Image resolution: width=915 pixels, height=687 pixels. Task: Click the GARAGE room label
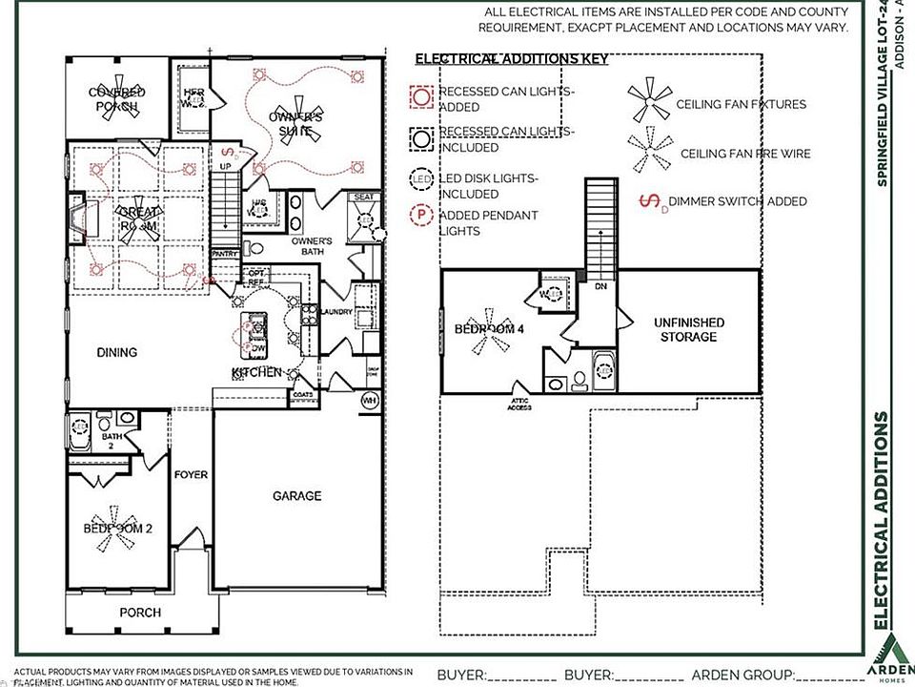(296, 496)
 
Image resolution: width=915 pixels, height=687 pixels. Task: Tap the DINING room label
(117, 352)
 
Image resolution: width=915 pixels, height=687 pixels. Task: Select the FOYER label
(191, 474)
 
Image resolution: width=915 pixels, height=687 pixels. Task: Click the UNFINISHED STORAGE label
(689, 330)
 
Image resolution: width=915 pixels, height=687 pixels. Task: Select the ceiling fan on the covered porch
(118, 97)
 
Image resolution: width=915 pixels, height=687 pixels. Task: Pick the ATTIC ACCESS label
(518, 405)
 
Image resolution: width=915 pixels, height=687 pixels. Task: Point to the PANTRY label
(225, 255)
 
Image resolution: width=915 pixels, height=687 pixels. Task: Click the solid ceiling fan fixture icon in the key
(649, 101)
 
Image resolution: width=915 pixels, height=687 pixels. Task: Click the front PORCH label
(140, 612)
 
